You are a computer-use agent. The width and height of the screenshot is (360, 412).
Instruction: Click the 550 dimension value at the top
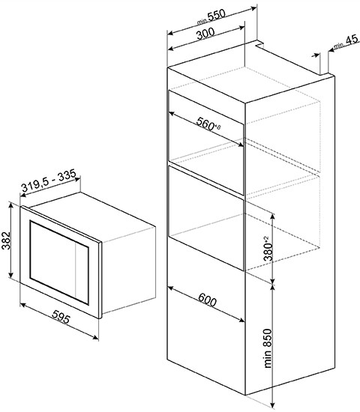[217, 14]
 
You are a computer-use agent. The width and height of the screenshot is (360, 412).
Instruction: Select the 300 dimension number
[205, 34]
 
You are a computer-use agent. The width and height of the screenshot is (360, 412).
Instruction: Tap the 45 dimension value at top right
[352, 40]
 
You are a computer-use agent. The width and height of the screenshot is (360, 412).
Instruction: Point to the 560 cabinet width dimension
[205, 124]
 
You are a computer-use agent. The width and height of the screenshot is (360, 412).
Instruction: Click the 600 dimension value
[207, 300]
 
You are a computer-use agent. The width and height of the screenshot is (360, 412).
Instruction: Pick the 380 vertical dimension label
[268, 252]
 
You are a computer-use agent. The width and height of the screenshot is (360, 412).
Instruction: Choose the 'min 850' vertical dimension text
[267, 348]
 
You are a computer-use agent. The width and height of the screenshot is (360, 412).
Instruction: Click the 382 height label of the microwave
[6, 240]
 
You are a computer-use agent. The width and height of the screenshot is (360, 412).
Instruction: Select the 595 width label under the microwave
[61, 317]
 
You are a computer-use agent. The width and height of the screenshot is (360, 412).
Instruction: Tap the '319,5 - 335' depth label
[49, 181]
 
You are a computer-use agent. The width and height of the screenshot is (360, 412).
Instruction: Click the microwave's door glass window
[59, 263]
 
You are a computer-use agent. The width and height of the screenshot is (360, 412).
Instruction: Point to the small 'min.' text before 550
[202, 22]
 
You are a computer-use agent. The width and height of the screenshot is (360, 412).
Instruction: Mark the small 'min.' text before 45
[340, 46]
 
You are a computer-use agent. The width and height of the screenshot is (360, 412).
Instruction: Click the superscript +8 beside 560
[218, 127]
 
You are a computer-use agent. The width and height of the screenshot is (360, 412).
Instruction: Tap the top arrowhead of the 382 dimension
[10, 205]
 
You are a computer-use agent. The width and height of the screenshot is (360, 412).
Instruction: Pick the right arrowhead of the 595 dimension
[96, 337]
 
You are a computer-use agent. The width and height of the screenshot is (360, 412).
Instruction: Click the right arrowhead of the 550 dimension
[253, 8]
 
